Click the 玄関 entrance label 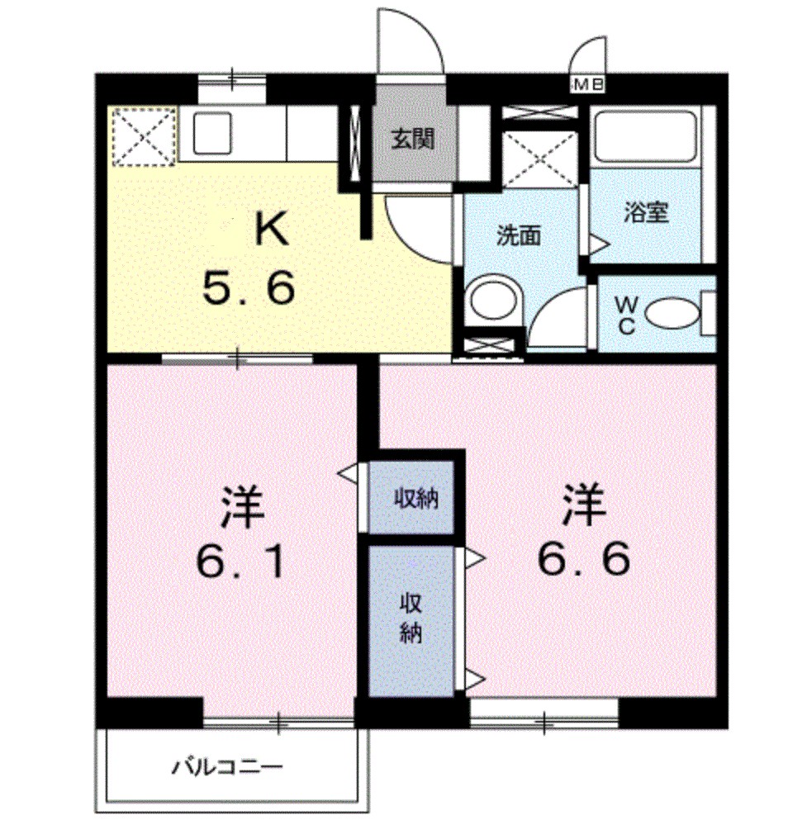(413, 140)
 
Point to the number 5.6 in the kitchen (249, 289)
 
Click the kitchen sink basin (212, 133)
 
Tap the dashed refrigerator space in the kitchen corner (145, 137)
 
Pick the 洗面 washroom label (518, 235)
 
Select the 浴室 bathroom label (646, 213)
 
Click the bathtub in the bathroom (647, 137)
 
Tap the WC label (626, 315)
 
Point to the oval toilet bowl (672, 313)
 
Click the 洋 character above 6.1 (242, 507)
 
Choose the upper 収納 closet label (415, 499)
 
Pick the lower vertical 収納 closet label (411, 619)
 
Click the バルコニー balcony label (227, 767)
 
